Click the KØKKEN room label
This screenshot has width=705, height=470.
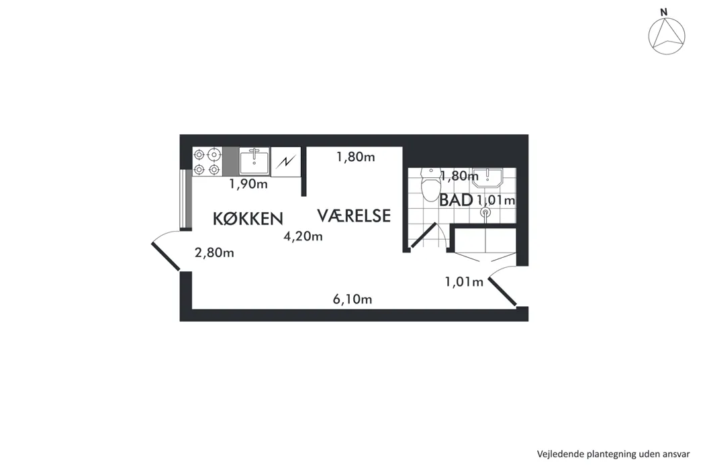[x=248, y=219]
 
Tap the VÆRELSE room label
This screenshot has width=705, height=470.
[x=354, y=216]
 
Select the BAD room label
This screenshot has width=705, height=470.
[x=456, y=200]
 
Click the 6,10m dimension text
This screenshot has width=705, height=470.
[x=352, y=299]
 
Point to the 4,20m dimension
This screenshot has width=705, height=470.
[x=303, y=236]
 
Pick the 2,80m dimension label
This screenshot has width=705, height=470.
[x=214, y=252]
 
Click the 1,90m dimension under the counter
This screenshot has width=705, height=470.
[x=248, y=184]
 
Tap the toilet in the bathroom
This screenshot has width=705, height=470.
[x=431, y=185]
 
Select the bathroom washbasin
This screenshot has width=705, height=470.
[x=487, y=178]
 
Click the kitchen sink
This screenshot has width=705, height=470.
[x=254, y=162]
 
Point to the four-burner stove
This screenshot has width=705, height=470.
[x=207, y=162]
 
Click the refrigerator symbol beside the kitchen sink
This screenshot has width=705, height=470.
[x=286, y=161]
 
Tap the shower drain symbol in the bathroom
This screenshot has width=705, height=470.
[x=485, y=211]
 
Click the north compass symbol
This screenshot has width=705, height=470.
[x=667, y=36]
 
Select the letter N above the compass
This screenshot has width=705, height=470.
[x=663, y=13]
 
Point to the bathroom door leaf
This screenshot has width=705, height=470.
[x=424, y=235]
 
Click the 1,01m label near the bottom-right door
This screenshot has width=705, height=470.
[x=464, y=282]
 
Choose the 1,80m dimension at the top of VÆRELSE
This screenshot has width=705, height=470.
[x=356, y=157]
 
